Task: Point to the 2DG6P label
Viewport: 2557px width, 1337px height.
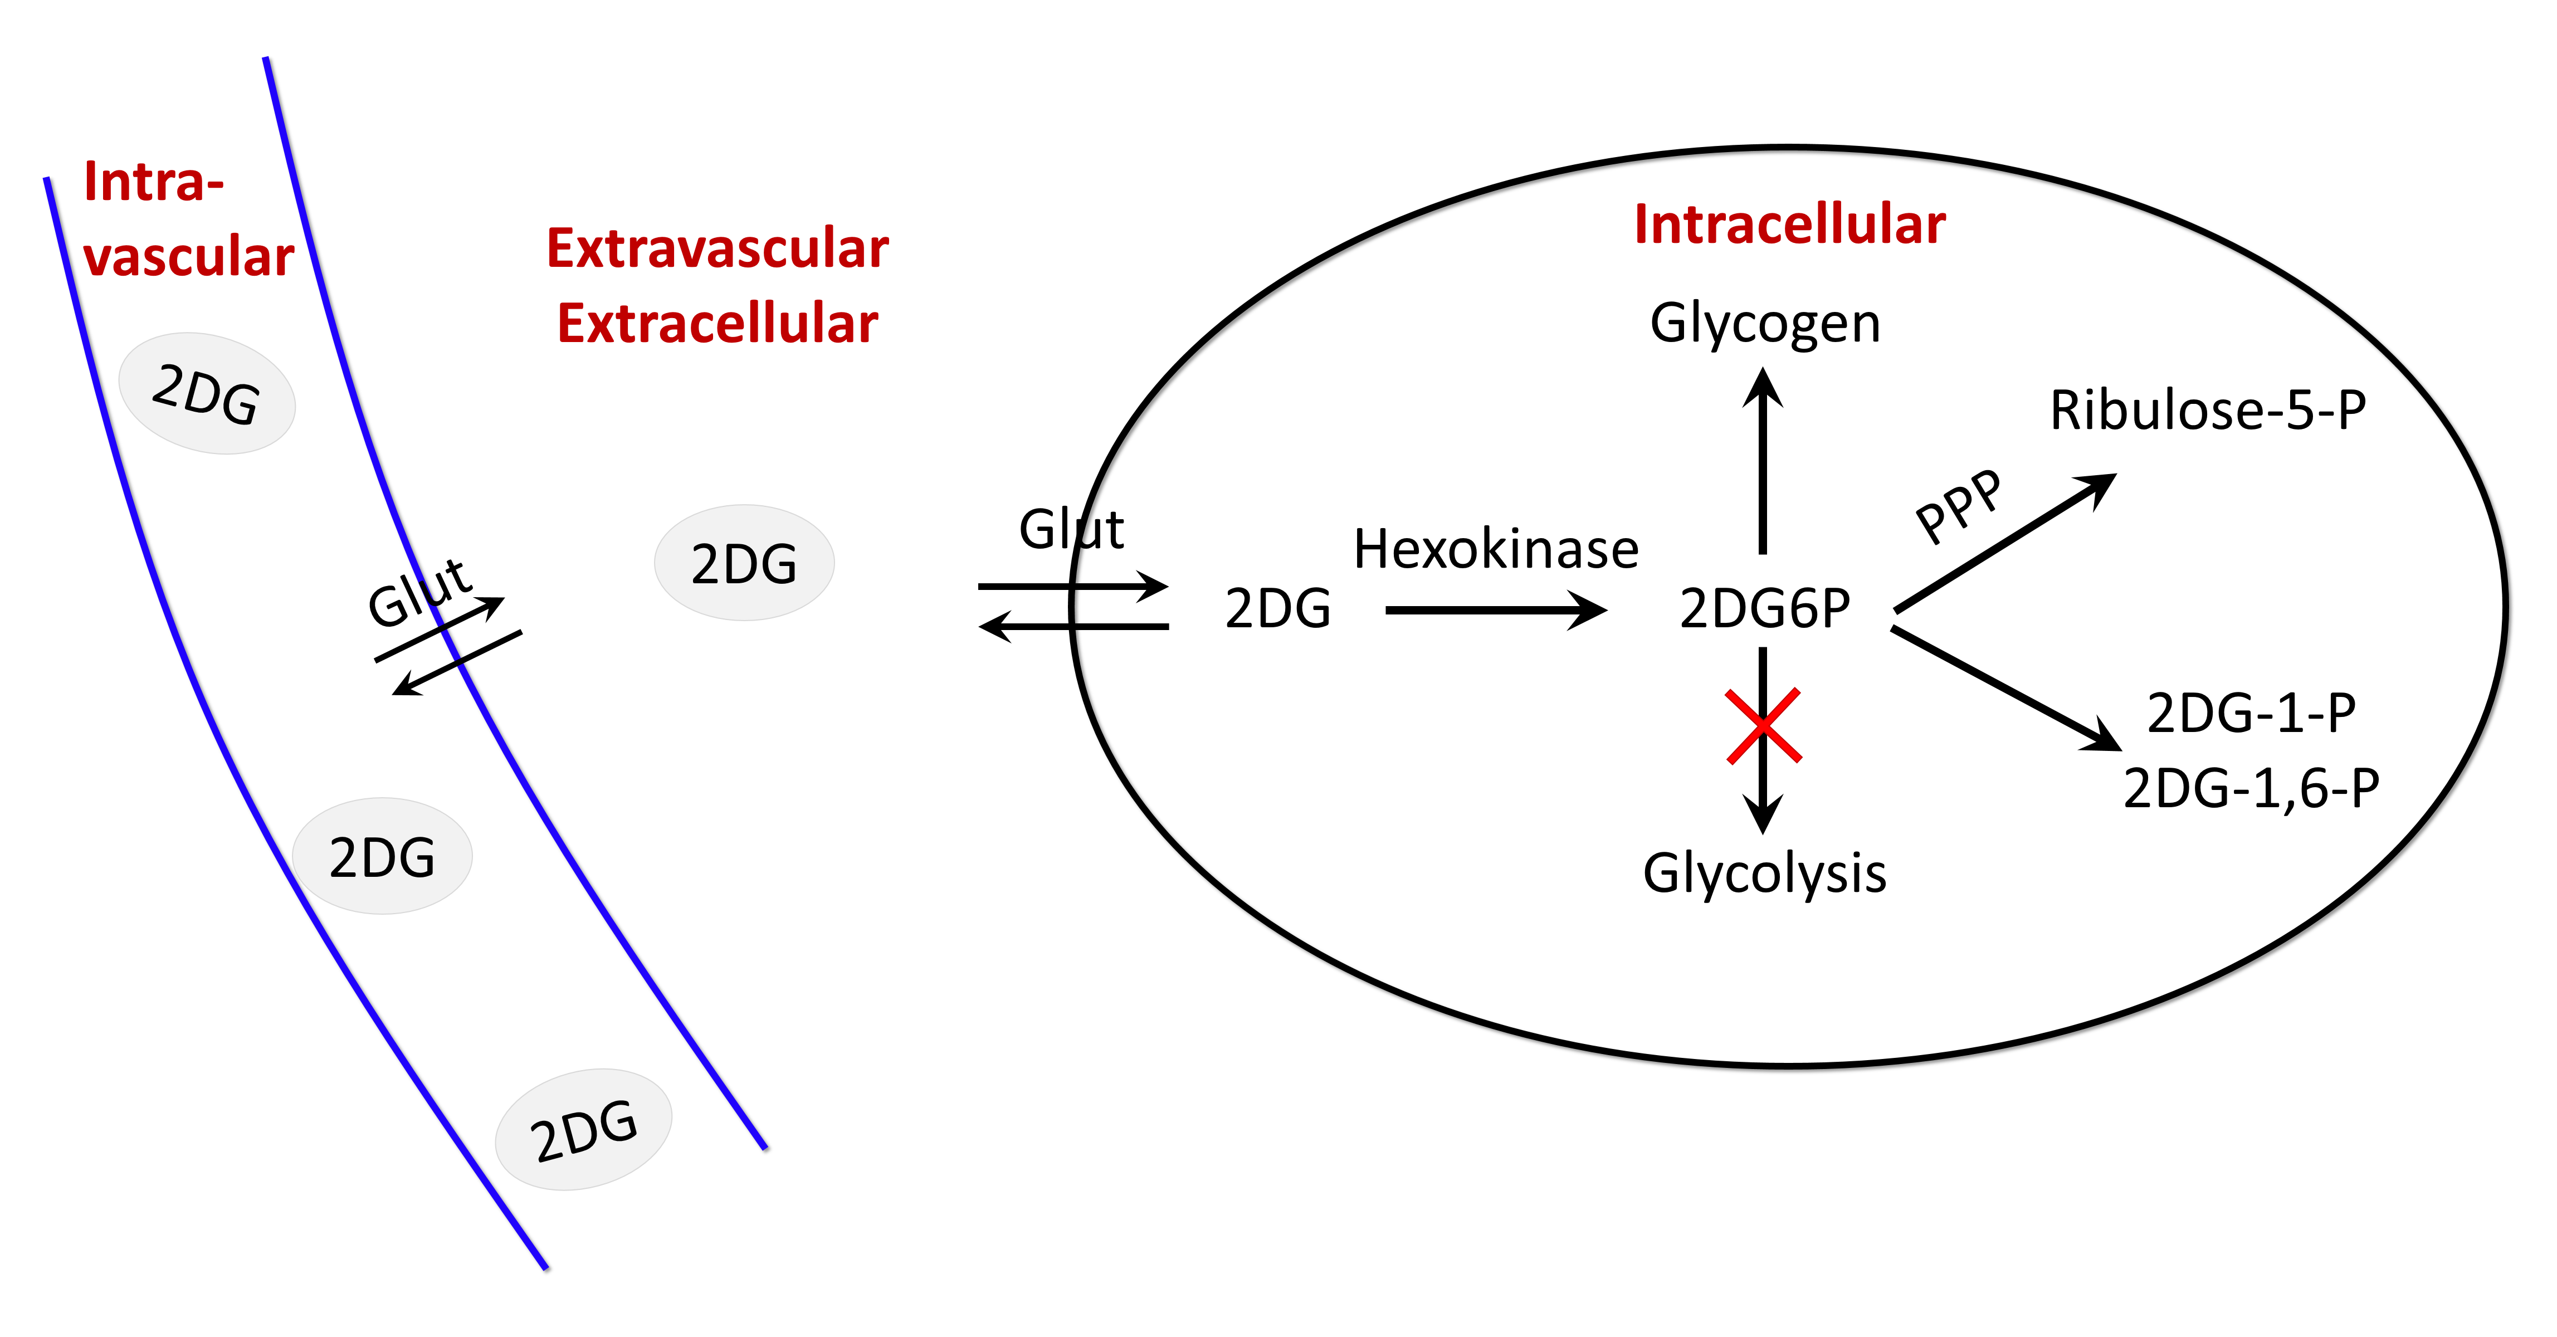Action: pyautogui.click(x=1765, y=608)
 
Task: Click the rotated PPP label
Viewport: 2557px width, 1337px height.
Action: pyautogui.click(x=1959, y=506)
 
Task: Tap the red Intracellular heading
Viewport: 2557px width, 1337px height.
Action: pyautogui.click(x=1790, y=225)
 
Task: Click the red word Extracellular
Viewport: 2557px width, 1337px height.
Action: pyautogui.click(x=718, y=324)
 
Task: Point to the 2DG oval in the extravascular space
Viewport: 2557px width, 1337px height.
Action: pyautogui.click(x=744, y=563)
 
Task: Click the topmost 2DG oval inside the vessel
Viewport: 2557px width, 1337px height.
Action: pyautogui.click(x=207, y=394)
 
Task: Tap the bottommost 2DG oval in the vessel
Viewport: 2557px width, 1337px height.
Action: pyautogui.click(x=584, y=1130)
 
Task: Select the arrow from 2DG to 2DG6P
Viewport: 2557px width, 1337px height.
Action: pyautogui.click(x=1496, y=611)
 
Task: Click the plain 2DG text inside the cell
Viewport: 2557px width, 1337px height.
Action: pyautogui.click(x=1278, y=608)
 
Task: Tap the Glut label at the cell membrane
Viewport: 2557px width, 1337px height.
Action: pyautogui.click(x=1072, y=529)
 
